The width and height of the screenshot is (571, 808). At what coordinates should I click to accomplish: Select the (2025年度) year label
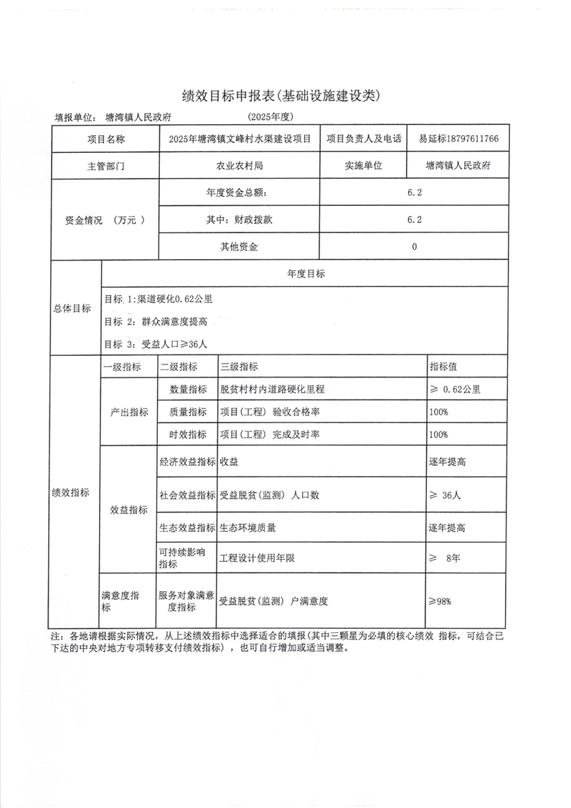coord(272,117)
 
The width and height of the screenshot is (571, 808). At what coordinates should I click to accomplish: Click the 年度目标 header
coord(306,274)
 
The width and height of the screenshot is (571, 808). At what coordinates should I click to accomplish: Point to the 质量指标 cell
coord(187,412)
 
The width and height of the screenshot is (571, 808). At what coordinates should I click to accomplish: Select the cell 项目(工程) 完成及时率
coord(270,435)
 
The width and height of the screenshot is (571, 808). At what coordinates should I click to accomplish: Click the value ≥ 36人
coord(445,495)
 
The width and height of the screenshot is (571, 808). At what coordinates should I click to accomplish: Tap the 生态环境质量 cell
coord(247,527)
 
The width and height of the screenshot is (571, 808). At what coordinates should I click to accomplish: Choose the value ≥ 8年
coord(444,558)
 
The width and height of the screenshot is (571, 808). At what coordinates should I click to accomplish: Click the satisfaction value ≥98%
coord(440,601)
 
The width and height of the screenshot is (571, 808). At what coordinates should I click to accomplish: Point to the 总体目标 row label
coord(72,309)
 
